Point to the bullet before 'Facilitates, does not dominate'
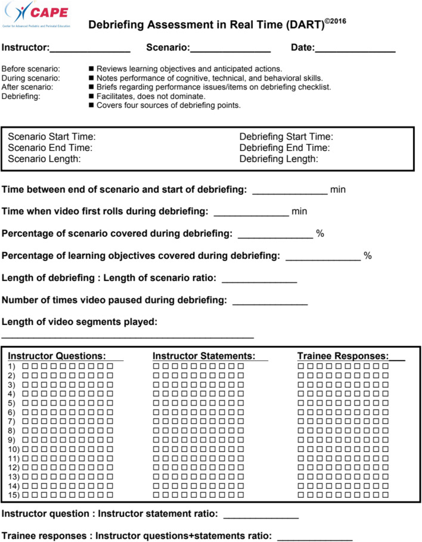91,96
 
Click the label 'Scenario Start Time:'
52,137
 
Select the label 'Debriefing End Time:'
284,148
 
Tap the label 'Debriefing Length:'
279,159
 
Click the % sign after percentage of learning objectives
368,256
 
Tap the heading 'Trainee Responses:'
343,356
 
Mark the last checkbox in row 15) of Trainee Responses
386,495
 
